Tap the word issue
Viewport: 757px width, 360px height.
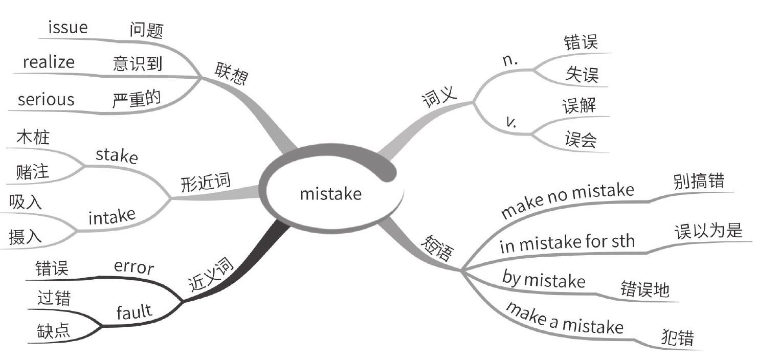click(x=68, y=28)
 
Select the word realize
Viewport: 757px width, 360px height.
click(x=49, y=62)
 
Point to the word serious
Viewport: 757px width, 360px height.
click(x=46, y=99)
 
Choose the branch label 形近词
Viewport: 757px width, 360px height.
click(x=206, y=182)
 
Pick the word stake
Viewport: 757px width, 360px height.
click(x=117, y=155)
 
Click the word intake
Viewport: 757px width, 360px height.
click(x=112, y=217)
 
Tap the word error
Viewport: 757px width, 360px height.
click(x=134, y=267)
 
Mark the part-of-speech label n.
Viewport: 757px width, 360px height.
click(x=510, y=60)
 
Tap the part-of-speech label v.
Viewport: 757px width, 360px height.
click(x=510, y=122)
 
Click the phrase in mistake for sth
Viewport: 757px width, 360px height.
click(x=567, y=243)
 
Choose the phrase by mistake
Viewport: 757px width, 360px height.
click(x=544, y=280)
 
